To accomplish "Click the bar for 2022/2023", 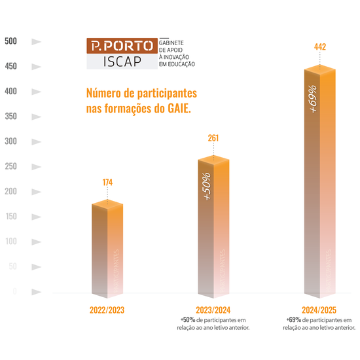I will pos(107,249).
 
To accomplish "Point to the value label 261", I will pos(213,138).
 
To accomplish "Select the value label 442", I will pos(320,46).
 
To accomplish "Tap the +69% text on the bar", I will pos(314,98).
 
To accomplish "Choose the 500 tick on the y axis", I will pos(11,41).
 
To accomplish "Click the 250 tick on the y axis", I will pos(11,166).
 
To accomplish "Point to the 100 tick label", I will pos(11,242).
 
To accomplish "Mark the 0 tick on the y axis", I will pos(14,291).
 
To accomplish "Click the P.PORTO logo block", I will pos(122,46).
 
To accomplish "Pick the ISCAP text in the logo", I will pos(122,62).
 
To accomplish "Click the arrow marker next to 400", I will pos(37,91).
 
